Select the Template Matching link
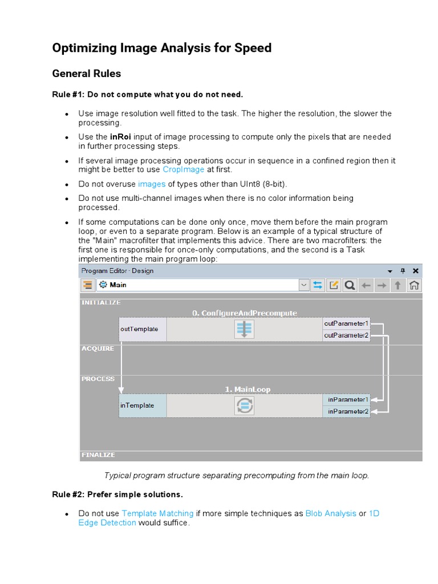pos(157,513)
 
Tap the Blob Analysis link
pos(331,513)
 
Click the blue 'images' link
pos(152,184)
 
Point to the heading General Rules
pos(87,74)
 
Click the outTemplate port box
pos(143,329)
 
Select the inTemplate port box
pos(143,405)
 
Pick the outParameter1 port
pos(346,323)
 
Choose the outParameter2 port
pos(346,335)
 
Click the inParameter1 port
pos(347,399)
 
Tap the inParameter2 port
pos(347,411)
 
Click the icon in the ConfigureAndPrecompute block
pos(244,329)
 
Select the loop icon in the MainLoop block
pos(244,405)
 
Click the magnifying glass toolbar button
pos(350,285)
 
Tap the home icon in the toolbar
pos(415,285)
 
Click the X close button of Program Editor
pos(416,271)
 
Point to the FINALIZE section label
pos(98,455)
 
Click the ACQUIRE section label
pos(98,348)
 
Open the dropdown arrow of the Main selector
pos(304,285)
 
